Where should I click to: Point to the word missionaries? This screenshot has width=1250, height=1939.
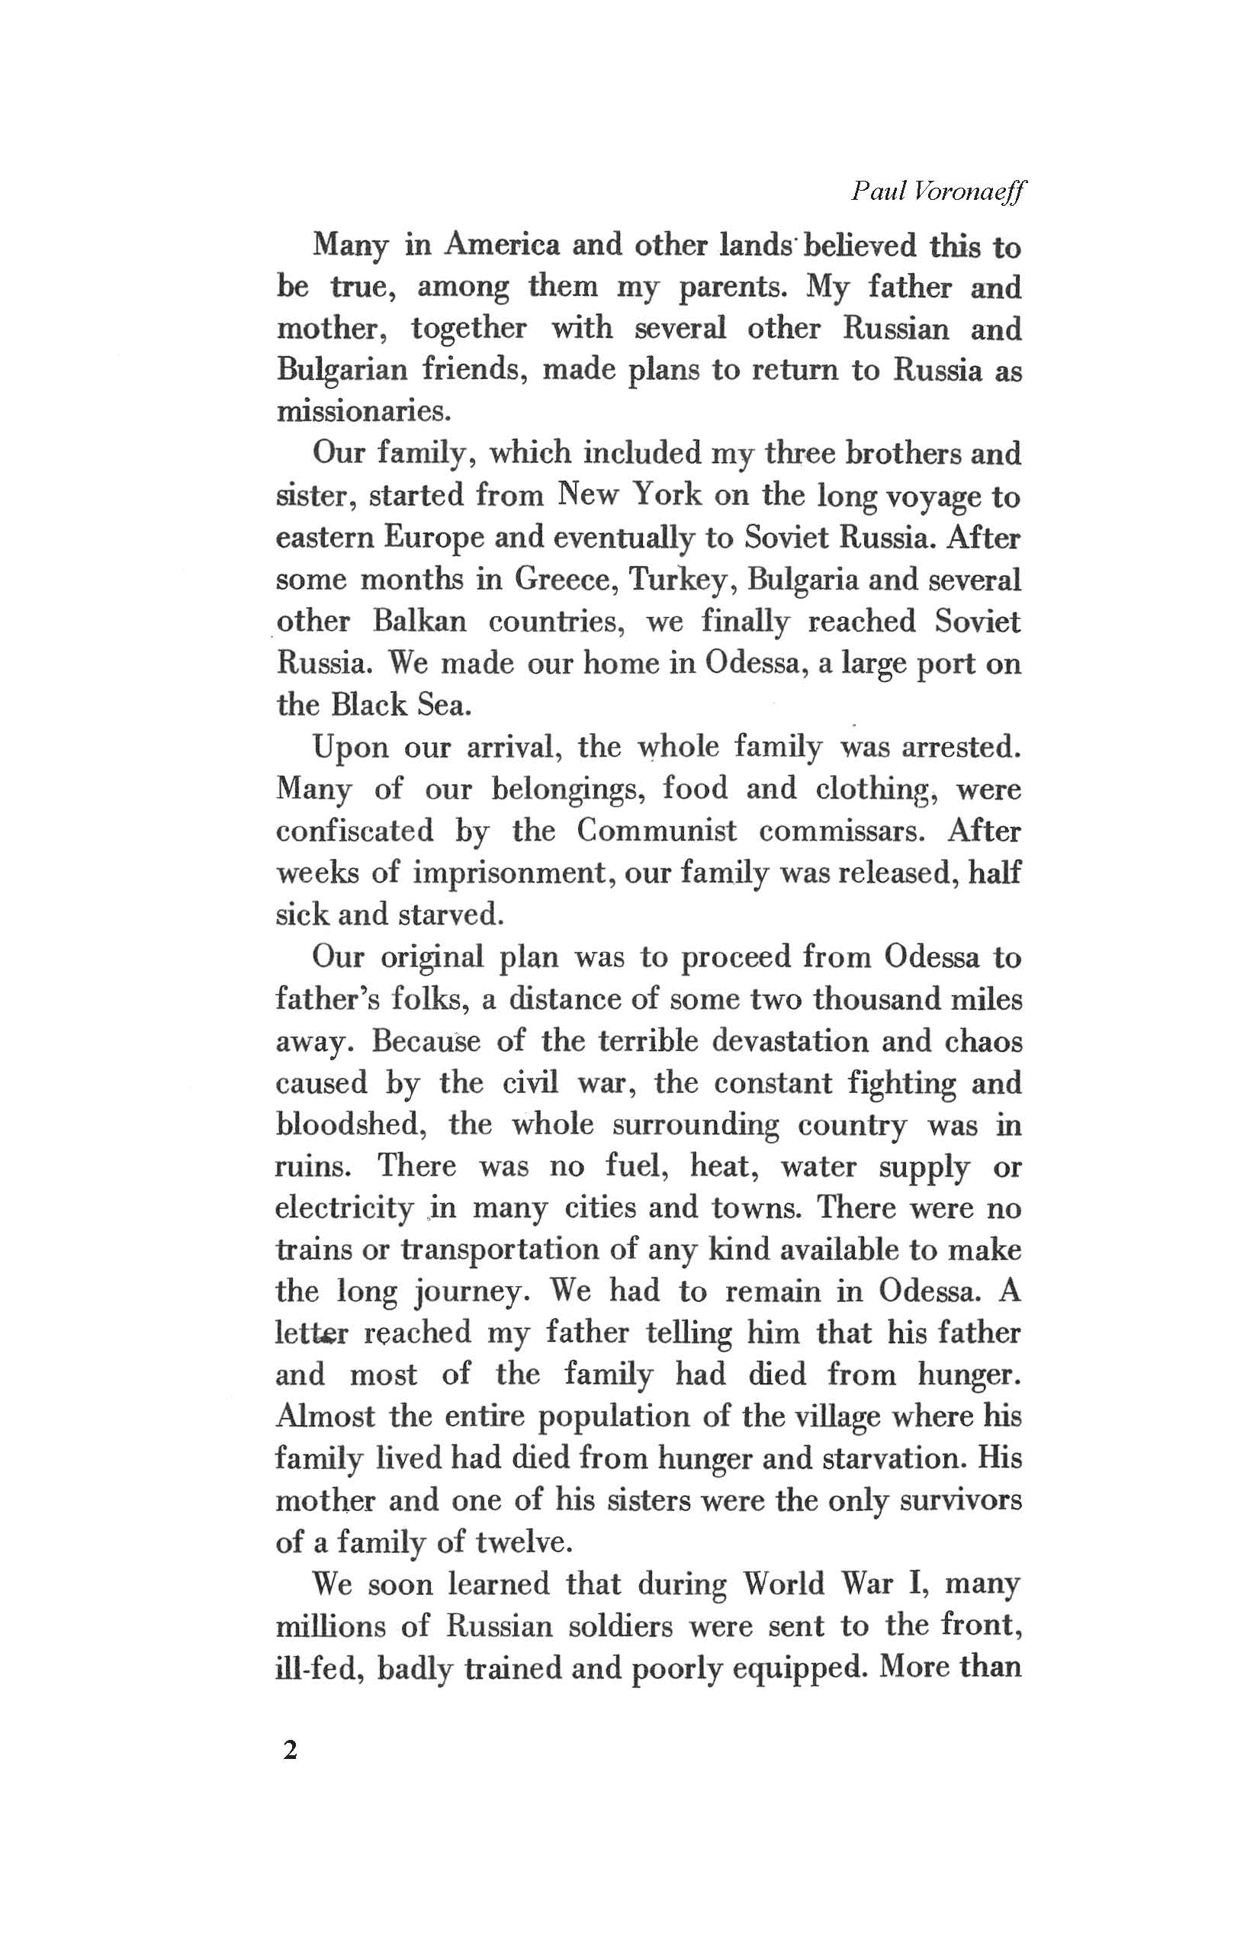363,411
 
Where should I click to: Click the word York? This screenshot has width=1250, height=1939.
664,495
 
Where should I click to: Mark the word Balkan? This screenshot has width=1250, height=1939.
419,622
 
